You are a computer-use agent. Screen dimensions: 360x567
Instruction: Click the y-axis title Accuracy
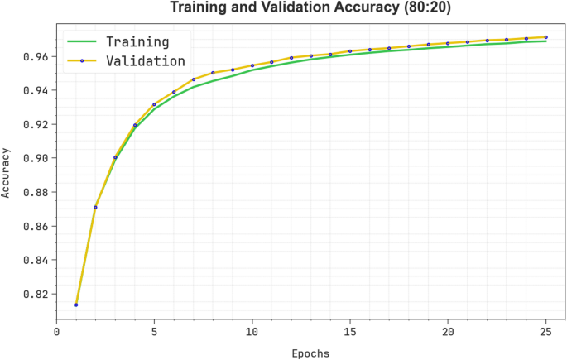(x=7, y=172)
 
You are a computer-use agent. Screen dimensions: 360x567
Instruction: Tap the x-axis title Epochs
(x=310, y=353)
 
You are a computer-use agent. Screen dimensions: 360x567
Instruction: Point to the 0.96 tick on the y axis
(x=38, y=56)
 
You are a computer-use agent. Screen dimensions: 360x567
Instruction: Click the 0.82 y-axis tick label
(x=38, y=294)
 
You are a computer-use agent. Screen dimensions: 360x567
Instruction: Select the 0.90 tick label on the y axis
(x=38, y=158)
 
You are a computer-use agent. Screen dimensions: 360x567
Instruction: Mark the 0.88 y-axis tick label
(x=38, y=192)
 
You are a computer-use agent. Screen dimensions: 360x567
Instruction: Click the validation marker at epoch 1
(x=76, y=305)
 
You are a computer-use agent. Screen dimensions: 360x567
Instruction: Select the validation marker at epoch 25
(x=545, y=37)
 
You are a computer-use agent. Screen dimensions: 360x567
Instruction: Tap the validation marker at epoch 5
(x=154, y=105)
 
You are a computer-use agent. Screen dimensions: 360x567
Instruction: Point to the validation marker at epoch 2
(x=95, y=208)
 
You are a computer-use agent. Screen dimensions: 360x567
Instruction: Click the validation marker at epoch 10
(x=252, y=65)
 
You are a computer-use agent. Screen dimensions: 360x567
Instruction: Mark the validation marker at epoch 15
(x=350, y=51)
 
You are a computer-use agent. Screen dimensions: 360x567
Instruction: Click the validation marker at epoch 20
(x=448, y=44)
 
